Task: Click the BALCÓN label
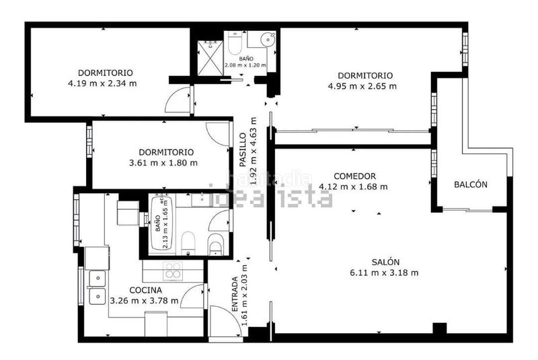[x=470, y=184]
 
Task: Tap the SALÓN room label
[x=385, y=262]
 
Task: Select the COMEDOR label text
[x=354, y=176]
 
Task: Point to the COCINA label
[x=145, y=290]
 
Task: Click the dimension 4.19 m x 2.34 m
[x=102, y=83]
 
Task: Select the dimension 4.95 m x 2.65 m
[x=362, y=86]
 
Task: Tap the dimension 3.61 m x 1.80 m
[x=163, y=163]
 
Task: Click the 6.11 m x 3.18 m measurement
[x=384, y=273]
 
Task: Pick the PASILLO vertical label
[x=243, y=150]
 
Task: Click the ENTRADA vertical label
[x=235, y=294]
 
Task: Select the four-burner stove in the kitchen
[x=173, y=271]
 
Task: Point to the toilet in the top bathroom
[x=235, y=43]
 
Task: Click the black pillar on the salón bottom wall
[x=440, y=328]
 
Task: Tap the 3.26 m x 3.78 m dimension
[x=145, y=301]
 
